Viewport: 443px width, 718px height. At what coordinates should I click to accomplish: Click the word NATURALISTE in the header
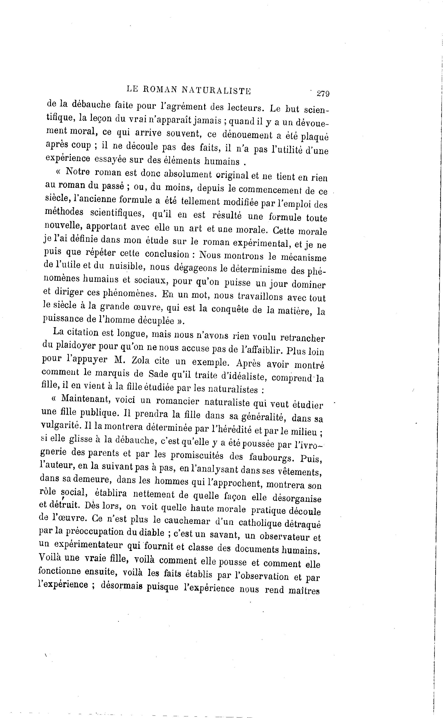click(x=216, y=90)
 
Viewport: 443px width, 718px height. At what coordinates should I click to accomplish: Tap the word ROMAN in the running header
click(x=160, y=89)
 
